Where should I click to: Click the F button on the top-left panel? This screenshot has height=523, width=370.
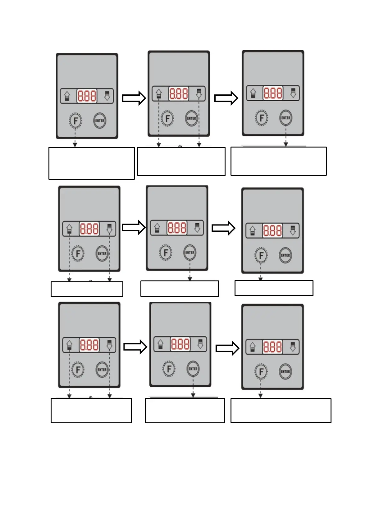pyautogui.click(x=75, y=121)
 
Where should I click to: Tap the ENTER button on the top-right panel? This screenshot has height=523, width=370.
pyautogui.click(x=285, y=118)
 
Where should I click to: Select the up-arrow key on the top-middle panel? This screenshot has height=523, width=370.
pyautogui.click(x=159, y=93)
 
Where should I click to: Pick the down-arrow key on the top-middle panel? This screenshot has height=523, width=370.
pyautogui.click(x=199, y=93)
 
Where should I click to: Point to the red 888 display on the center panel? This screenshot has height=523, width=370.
pyautogui.click(x=177, y=228)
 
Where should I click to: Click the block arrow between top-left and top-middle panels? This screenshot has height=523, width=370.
pyautogui.click(x=134, y=98)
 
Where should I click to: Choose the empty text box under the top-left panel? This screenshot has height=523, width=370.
pyautogui.click(x=92, y=163)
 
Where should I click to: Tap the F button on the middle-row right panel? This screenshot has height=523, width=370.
pyautogui.click(x=261, y=255)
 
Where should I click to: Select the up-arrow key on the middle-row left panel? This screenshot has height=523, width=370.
pyautogui.click(x=69, y=229)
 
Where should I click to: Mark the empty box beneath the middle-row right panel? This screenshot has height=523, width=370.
pyautogui.click(x=274, y=288)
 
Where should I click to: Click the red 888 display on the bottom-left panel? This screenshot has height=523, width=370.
pyautogui.click(x=89, y=345)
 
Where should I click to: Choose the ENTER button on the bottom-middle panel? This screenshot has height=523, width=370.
pyautogui.click(x=193, y=369)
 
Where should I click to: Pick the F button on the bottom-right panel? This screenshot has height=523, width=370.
pyautogui.click(x=261, y=371)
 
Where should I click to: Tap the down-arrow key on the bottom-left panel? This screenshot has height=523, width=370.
pyautogui.click(x=109, y=345)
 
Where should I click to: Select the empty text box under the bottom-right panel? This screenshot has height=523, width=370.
pyautogui.click(x=281, y=410)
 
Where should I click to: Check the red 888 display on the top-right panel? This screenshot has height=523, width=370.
pyautogui.click(x=273, y=93)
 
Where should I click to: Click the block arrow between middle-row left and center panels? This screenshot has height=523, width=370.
pyautogui.click(x=134, y=228)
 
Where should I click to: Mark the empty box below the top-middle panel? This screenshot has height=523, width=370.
pyautogui.click(x=181, y=161)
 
